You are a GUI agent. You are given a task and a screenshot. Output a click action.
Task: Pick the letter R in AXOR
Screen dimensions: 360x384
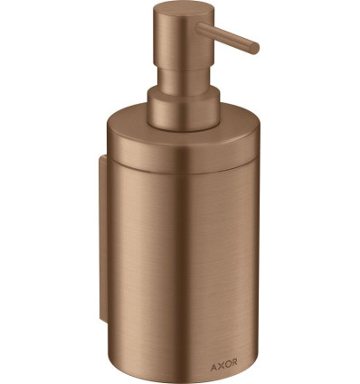[x=234, y=362]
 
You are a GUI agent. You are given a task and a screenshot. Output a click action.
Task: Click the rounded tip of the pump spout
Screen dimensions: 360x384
[x=255, y=49]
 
